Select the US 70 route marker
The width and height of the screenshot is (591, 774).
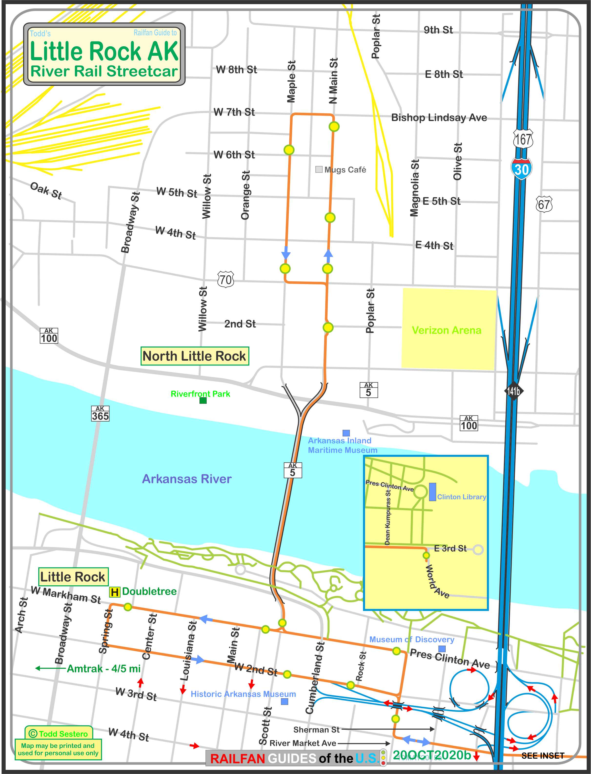pos(225,280)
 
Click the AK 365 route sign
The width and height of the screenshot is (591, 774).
pos(100,413)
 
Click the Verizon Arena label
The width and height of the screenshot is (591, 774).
pos(446,330)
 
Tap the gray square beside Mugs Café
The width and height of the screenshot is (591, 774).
pos(319,169)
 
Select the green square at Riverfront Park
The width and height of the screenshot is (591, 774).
pos(203,400)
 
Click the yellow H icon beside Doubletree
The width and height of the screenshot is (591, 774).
pos(115,592)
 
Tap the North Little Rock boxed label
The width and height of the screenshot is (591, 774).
pos(194,356)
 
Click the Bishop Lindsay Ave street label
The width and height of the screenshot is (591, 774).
pos(439,118)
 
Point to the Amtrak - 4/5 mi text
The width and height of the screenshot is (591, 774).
pos(103,668)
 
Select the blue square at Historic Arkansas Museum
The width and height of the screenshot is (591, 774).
pos(285,702)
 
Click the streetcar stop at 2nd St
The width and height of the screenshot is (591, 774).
pos(328,327)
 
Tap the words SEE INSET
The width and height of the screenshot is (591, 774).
pos(542,756)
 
